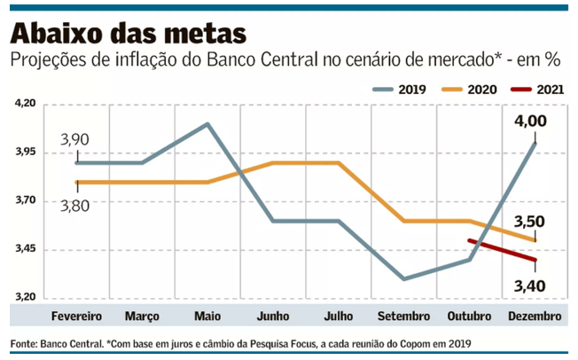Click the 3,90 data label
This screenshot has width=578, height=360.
(75, 140)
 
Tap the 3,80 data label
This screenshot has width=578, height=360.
(75, 203)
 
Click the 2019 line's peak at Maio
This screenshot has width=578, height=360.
(207, 124)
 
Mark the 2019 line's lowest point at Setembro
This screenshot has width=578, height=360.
(404, 278)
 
